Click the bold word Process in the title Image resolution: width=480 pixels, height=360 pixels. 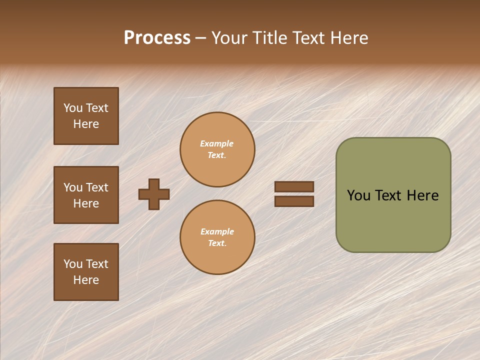coord(157,38)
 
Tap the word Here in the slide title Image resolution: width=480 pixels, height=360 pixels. coord(347,38)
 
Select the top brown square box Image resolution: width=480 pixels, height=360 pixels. coord(86,116)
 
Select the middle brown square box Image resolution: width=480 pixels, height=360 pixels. coord(86,195)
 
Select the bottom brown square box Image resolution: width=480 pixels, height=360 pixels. coord(86,272)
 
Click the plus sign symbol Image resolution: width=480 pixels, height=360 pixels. coord(154,194)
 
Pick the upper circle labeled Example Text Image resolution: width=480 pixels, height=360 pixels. coord(217,149)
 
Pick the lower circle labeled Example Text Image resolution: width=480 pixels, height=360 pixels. coord(217,237)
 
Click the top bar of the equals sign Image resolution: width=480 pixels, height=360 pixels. coord(294,186)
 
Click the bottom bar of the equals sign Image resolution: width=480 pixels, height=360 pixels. coord(294,201)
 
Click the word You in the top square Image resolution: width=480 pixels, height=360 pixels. coord(73,108)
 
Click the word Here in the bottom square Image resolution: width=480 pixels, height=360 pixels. coord(86,280)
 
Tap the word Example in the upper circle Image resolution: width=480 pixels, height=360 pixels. coord(217,143)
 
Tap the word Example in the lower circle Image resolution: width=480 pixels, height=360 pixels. coord(217,231)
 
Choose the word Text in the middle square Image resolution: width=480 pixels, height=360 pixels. coord(97,187)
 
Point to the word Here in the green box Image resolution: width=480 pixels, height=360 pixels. coord(422,195)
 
